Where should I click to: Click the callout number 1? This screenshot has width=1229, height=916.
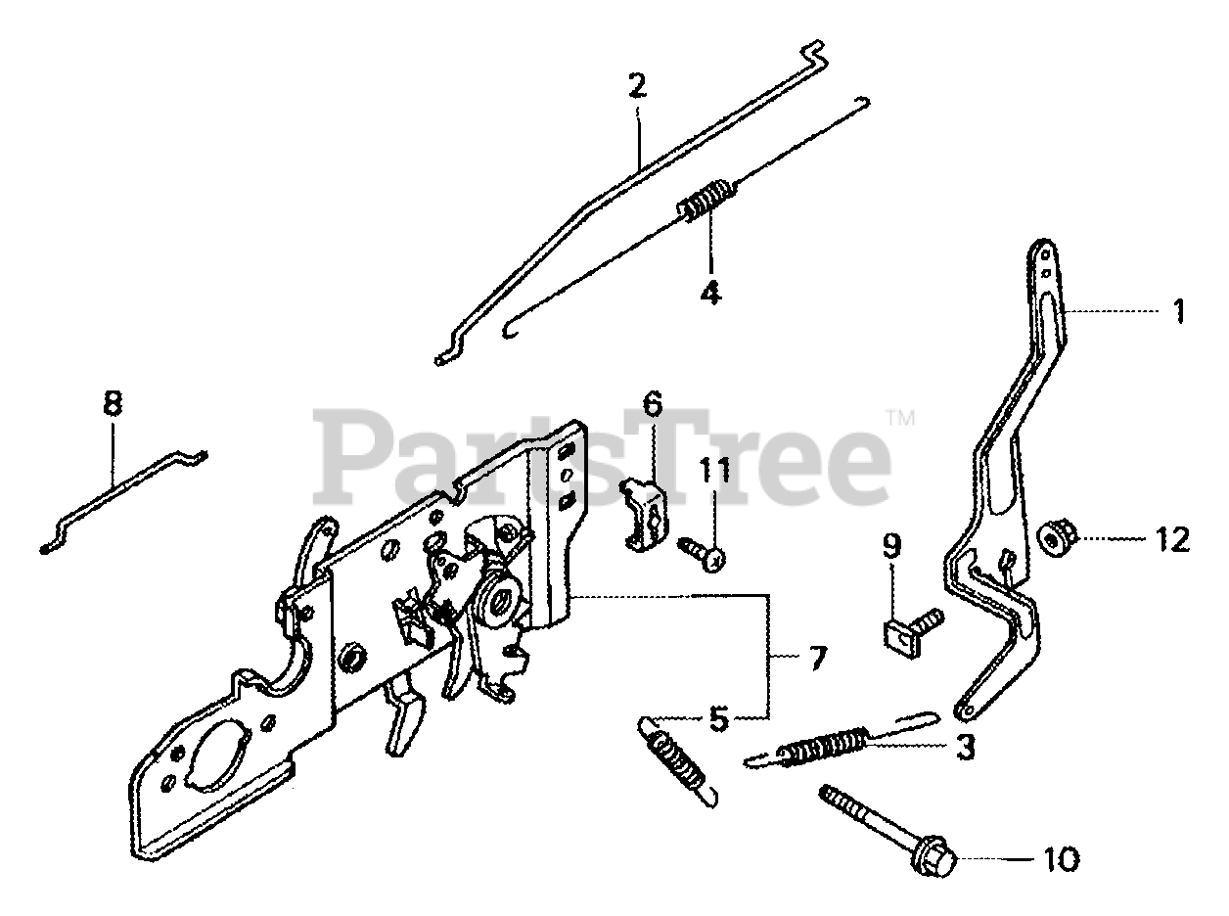pos(1179,312)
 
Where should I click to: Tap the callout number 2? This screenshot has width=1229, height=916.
pos(638,86)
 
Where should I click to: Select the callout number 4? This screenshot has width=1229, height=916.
pos(710,291)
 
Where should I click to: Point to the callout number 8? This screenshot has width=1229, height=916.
pos(114,402)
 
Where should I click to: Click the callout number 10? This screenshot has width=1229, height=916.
pos(1061,859)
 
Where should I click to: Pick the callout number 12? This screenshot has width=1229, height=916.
pos(1173,539)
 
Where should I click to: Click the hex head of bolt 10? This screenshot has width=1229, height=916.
pos(933,853)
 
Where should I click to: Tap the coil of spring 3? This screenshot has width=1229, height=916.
pos(824,746)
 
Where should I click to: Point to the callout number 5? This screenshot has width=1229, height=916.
pos(719,721)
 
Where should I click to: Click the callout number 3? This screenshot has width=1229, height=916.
pos(966,748)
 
